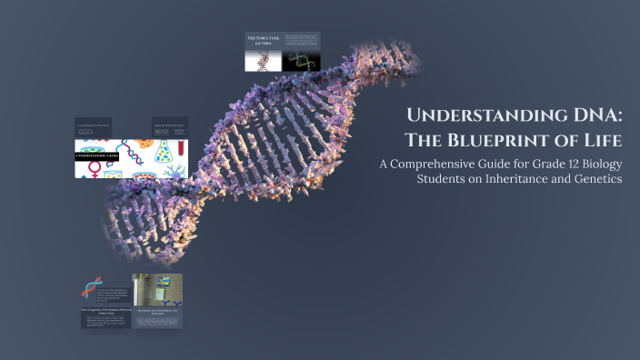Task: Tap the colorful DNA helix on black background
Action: point(301,61)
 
